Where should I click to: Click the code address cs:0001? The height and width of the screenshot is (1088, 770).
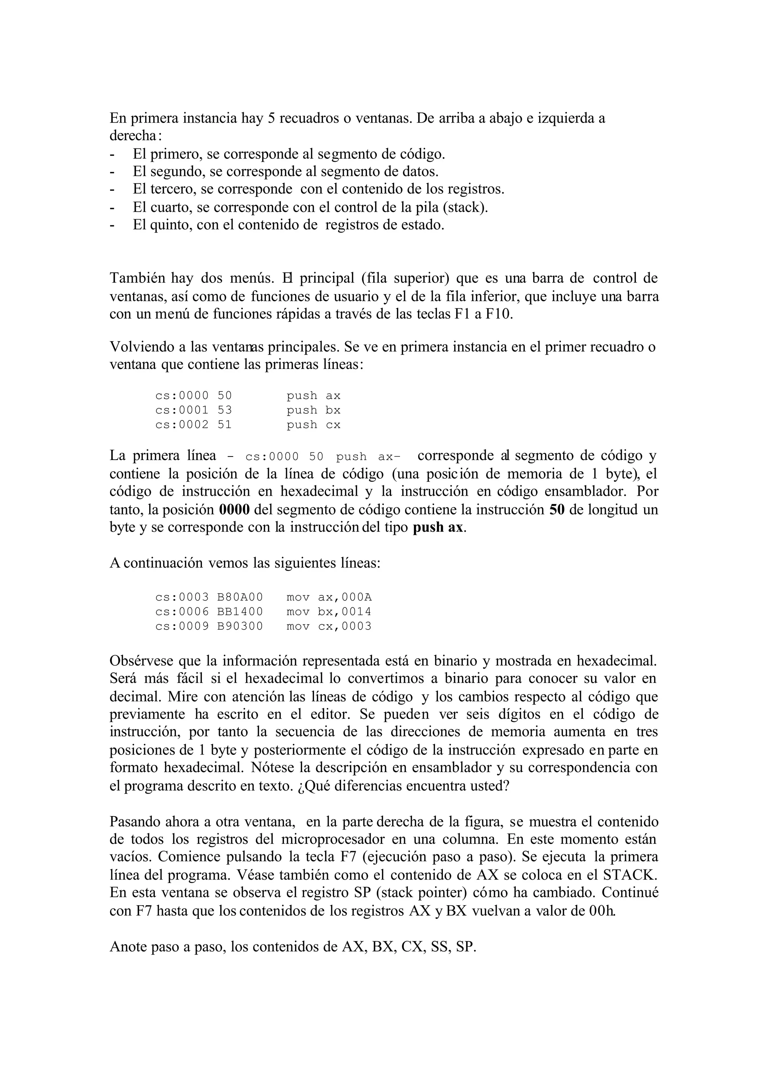182,410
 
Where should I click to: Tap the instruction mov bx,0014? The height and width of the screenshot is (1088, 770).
329,612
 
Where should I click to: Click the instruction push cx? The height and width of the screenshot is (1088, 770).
314,425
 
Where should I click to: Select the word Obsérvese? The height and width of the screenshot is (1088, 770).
142,660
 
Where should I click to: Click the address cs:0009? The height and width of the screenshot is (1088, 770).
182,627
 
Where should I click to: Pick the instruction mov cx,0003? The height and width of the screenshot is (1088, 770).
329,627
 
